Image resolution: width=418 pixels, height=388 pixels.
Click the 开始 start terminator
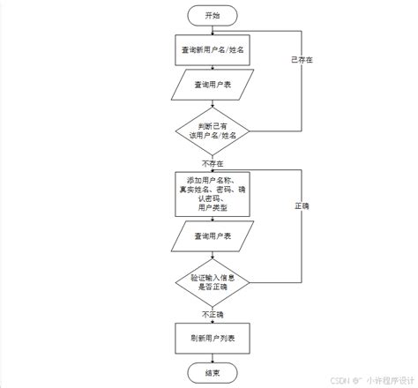(211, 16)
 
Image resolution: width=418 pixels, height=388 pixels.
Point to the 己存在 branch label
(302, 59)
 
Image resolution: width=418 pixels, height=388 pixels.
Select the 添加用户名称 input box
(211, 194)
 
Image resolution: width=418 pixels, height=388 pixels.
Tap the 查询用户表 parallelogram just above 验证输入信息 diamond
(211, 235)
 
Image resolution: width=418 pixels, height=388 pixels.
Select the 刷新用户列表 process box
(211, 339)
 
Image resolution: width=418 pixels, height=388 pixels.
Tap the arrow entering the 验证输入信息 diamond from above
(211, 254)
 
